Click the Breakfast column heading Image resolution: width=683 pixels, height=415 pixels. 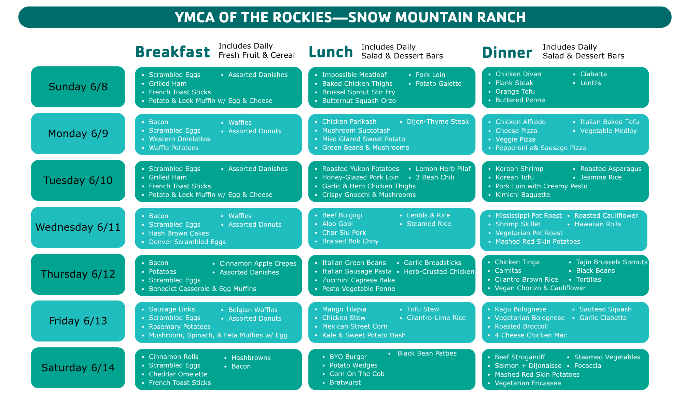pyautogui.click(x=172, y=52)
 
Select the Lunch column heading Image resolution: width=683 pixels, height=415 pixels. pyautogui.click(x=331, y=52)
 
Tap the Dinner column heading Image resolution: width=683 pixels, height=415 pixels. pyautogui.click(x=507, y=53)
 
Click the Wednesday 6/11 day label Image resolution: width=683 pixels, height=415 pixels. pyautogui.click(x=78, y=227)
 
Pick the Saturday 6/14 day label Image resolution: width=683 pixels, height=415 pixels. pyautogui.click(x=78, y=368)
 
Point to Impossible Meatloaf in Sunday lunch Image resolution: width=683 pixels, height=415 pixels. pyautogui.click(x=354, y=75)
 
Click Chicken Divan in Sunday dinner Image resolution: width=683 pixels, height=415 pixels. pyautogui.click(x=518, y=74)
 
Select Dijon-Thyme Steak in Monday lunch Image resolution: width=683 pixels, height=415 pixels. pyautogui.click(x=438, y=122)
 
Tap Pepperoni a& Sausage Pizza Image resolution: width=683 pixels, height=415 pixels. pyautogui.click(x=541, y=148)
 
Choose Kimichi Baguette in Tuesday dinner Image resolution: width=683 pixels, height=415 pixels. pyautogui.click(x=522, y=195)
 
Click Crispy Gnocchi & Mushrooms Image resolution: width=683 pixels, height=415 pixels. pyautogui.click(x=369, y=195)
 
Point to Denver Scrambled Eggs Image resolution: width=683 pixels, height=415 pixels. pyautogui.click(x=187, y=242)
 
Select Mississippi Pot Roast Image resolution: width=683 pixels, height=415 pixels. pyautogui.click(x=528, y=216)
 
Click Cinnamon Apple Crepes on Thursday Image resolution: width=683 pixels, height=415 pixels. pyautogui.click(x=258, y=264)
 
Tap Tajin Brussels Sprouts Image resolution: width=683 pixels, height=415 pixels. pyautogui.click(x=612, y=262)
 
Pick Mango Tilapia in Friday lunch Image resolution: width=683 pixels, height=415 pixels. pyautogui.click(x=344, y=309)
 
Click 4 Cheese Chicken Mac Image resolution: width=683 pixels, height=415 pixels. pyautogui.click(x=531, y=335)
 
